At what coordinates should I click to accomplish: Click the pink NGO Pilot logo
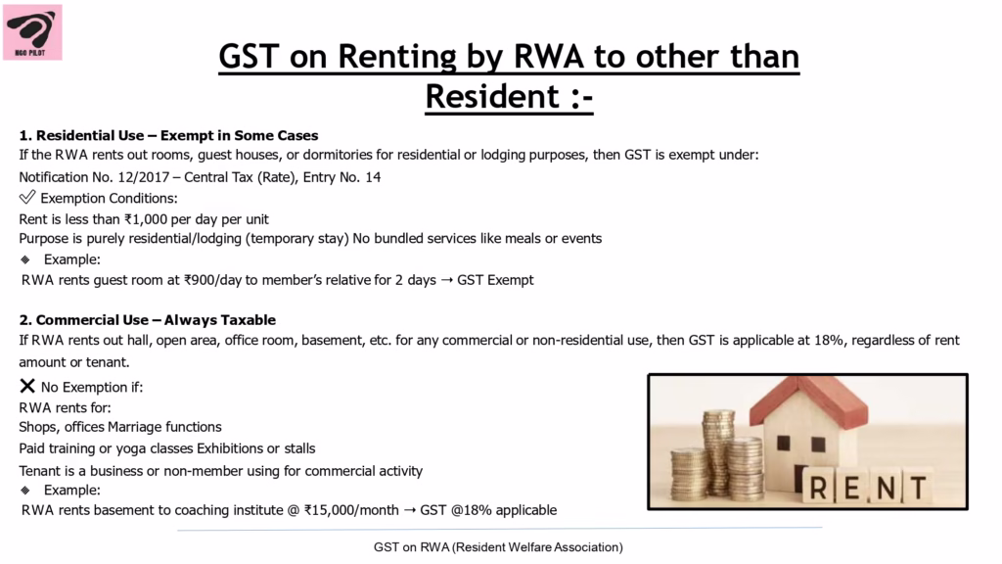(x=32, y=32)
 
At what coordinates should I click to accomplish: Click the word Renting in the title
(x=397, y=57)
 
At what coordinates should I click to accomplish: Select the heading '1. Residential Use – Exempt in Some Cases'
(x=168, y=135)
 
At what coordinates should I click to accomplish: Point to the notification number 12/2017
(x=143, y=177)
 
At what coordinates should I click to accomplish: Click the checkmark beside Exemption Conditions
(x=27, y=197)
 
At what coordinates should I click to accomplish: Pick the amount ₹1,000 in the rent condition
(x=146, y=219)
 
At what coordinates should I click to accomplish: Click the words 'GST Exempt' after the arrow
(x=495, y=280)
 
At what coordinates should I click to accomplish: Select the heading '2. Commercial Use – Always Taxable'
(x=148, y=320)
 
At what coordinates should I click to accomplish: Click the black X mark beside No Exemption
(x=27, y=386)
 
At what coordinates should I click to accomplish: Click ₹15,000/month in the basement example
(x=351, y=510)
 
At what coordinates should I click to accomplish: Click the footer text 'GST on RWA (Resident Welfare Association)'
(x=498, y=547)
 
